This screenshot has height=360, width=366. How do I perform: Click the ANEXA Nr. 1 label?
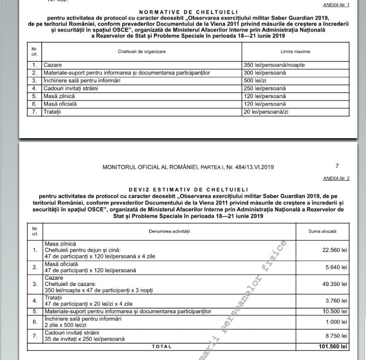tap(337, 5)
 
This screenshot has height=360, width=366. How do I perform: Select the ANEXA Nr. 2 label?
tap(337, 178)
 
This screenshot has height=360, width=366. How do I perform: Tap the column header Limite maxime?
tap(295, 51)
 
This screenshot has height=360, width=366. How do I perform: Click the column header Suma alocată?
tap(322, 231)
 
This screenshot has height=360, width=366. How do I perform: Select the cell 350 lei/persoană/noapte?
tap(274, 65)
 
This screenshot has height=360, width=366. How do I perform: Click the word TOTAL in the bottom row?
tap(162, 347)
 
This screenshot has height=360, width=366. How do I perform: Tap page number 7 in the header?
tap(337, 166)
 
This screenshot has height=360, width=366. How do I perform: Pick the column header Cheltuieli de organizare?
tap(142, 51)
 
